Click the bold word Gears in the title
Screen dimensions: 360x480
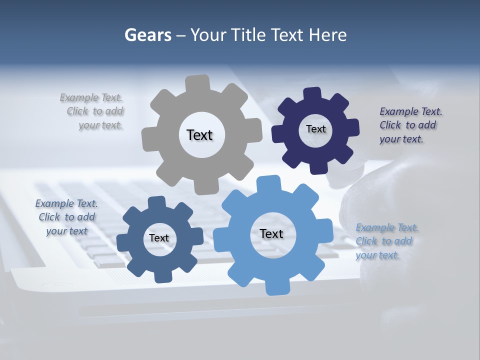(147, 35)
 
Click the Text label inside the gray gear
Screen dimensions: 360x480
(199, 135)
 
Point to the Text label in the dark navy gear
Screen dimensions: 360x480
(315, 129)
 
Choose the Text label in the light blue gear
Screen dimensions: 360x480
(271, 233)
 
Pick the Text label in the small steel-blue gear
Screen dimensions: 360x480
(159, 238)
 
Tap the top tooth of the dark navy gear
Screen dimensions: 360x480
(312, 94)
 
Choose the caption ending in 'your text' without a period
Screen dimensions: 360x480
(66, 217)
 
